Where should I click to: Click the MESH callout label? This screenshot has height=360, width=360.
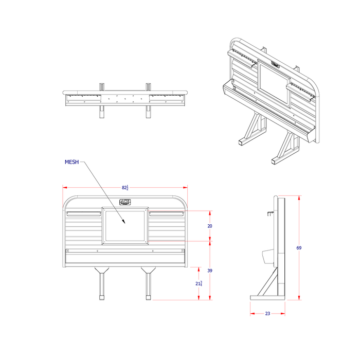(x=71, y=162)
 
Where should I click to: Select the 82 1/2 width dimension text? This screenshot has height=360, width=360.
(x=125, y=188)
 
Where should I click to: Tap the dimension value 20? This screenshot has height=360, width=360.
(x=210, y=226)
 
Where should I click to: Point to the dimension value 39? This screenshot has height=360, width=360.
(x=210, y=270)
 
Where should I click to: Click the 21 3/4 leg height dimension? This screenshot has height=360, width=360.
(x=200, y=283)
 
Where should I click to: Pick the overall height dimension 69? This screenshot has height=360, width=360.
(x=299, y=248)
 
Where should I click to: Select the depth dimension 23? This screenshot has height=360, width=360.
(x=267, y=313)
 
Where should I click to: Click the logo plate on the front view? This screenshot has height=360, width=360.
(x=125, y=202)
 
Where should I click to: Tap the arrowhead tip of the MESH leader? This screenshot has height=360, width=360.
(x=125, y=223)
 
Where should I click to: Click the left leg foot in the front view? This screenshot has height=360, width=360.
(x=102, y=297)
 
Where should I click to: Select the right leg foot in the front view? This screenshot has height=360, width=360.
(x=148, y=297)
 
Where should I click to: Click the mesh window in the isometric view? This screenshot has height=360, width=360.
(x=274, y=83)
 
